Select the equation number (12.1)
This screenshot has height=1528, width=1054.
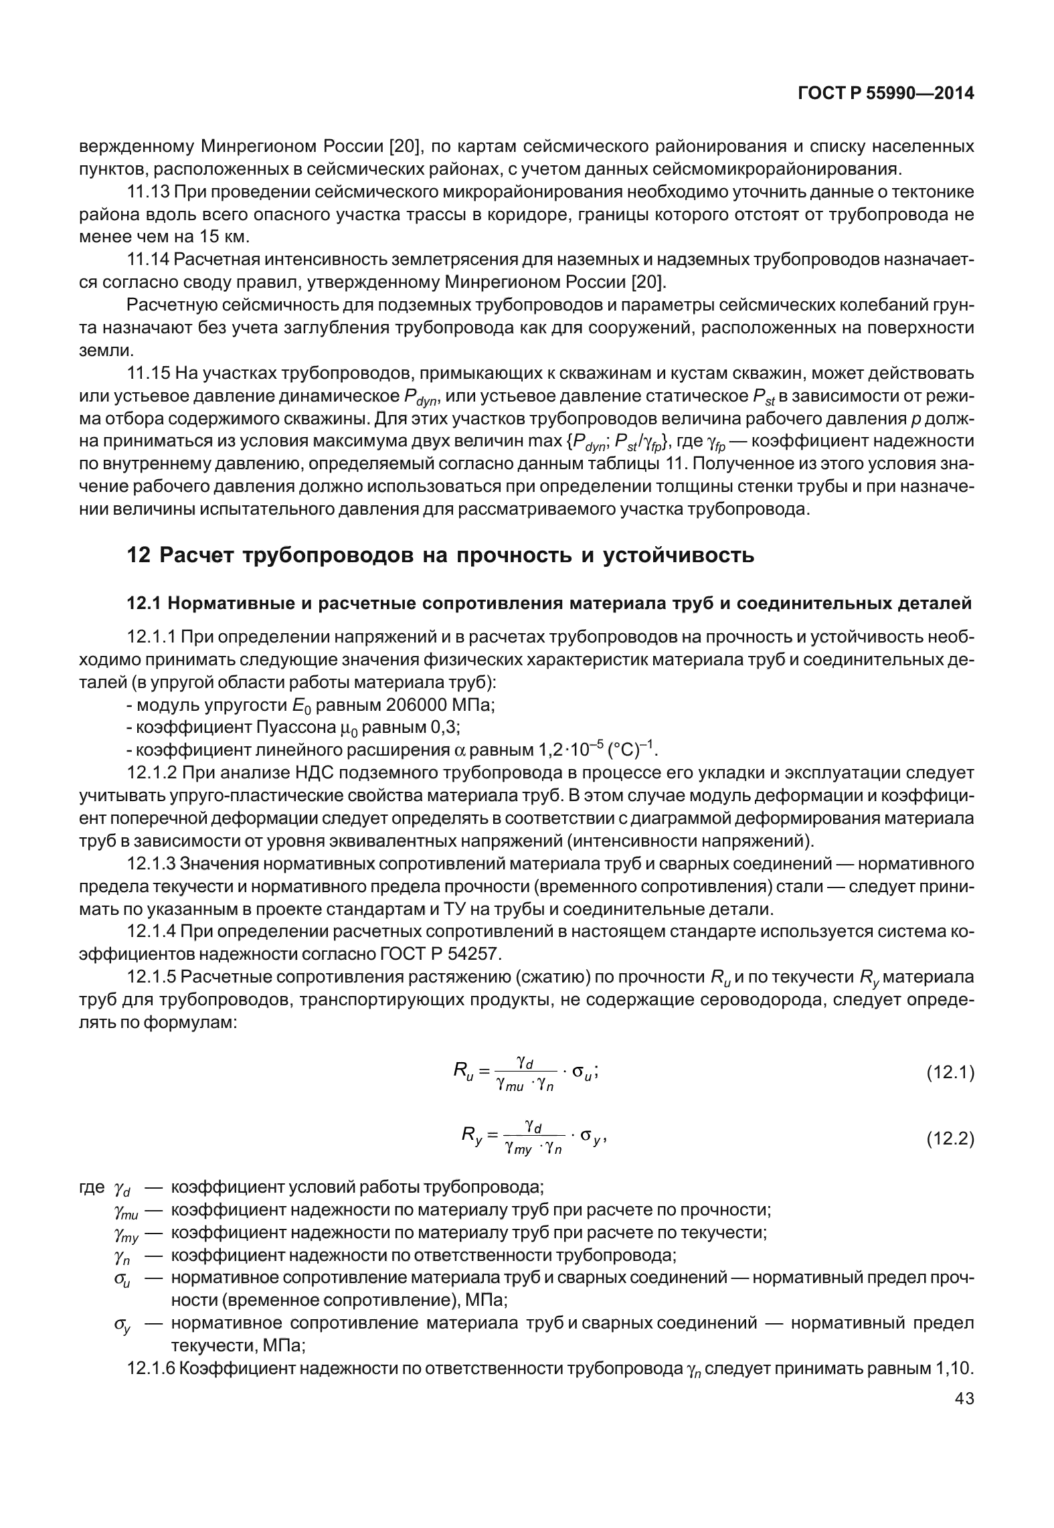click(950, 1074)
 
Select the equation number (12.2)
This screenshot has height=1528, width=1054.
click(950, 1138)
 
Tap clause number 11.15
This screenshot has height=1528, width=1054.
click(148, 373)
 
